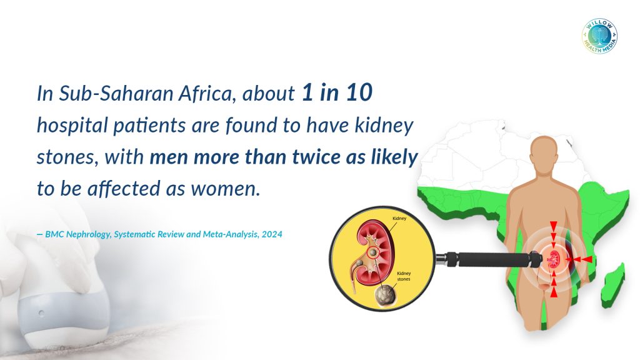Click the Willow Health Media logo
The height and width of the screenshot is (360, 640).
[599, 36]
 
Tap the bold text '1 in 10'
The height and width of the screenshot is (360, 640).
[337, 92]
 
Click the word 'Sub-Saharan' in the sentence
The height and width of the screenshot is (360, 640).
[116, 93]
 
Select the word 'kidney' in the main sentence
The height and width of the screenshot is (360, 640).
[384, 125]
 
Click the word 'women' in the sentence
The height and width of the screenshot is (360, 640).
[225, 189]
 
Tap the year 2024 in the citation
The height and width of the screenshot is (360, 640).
[272, 234]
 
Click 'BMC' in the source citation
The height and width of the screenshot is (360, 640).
[54, 234]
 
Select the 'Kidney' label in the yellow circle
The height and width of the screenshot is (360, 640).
[399, 218]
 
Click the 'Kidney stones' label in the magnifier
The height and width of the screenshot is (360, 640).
[404, 276]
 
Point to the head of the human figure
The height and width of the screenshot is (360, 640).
[545, 154]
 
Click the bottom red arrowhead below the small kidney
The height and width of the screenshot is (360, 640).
[554, 292]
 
